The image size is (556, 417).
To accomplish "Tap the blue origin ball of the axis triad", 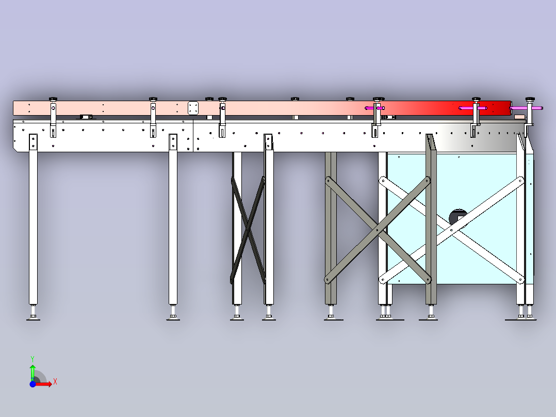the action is point(32,384).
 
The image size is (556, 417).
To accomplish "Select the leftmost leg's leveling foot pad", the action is point(34,318).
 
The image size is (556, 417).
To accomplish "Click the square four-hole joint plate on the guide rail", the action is point(193,108).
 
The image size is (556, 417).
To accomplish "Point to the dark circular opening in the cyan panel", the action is point(458,217).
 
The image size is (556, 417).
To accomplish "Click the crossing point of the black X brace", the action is point(248,230).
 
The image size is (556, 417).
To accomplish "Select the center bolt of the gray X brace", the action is point(378,230).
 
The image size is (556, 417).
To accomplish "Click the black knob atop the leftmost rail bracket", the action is point(53,99).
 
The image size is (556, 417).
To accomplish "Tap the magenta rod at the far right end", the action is point(526,108).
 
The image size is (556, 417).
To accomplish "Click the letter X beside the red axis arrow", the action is point(55,382).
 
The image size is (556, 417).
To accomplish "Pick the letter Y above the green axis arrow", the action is point(32,359).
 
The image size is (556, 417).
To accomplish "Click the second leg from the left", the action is point(173,219).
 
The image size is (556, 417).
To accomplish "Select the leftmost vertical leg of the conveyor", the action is point(34,219).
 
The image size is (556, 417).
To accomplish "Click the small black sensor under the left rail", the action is point(86,117).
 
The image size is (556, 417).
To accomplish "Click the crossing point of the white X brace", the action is point(451,230).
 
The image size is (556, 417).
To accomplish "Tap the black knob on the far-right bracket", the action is point(530,99).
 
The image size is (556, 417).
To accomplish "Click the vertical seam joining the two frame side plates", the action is point(193,136).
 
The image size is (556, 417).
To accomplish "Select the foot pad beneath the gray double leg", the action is point(333,318).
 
